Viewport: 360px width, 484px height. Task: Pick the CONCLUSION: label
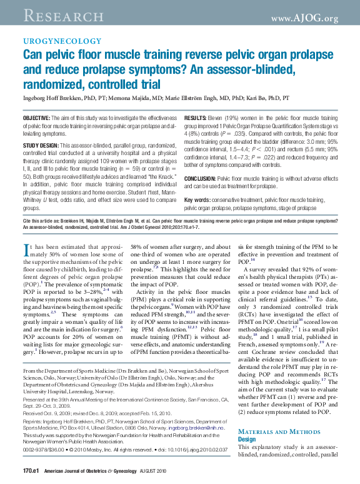pyautogui.click(x=202, y=179)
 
